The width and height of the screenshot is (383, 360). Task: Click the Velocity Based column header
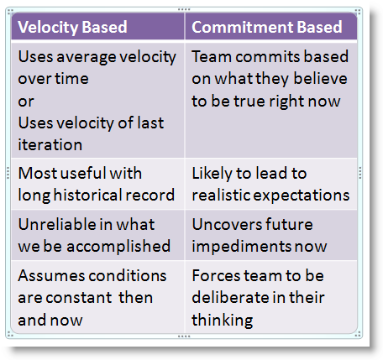click(x=72, y=27)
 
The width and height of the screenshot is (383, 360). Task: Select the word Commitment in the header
click(x=243, y=27)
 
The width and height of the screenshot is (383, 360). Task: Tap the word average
click(x=87, y=58)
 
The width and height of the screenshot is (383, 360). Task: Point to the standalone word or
click(x=26, y=102)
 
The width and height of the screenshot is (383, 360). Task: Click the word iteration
click(x=50, y=145)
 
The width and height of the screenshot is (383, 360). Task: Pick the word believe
click(x=320, y=79)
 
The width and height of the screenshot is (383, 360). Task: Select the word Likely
click(x=212, y=174)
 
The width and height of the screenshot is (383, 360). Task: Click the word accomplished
click(x=118, y=247)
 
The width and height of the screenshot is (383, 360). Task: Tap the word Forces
click(x=217, y=276)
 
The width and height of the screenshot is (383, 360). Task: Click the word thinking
click(x=223, y=321)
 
